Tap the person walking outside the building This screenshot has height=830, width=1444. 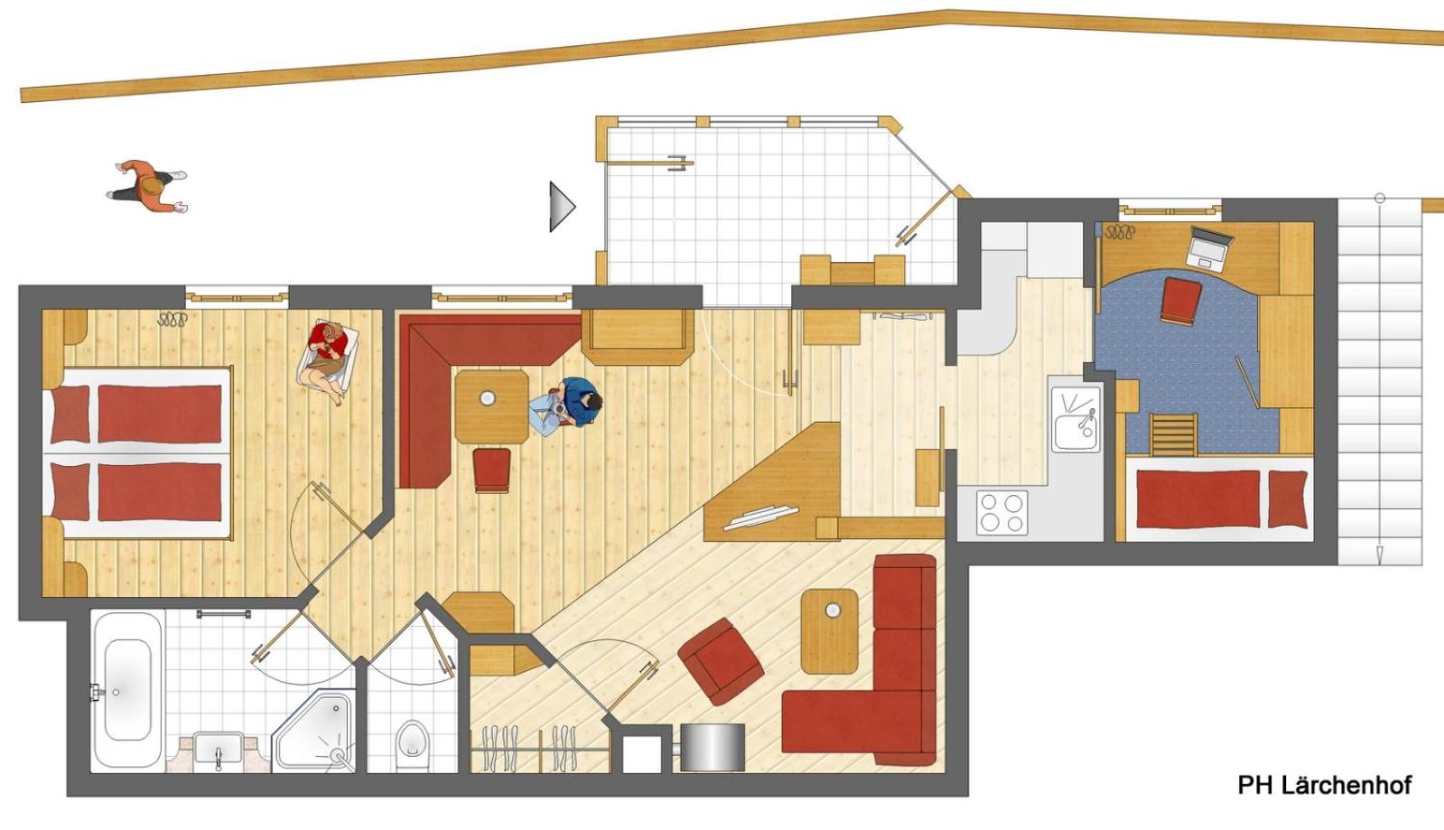coord(149,187)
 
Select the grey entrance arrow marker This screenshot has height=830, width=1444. coord(561,206)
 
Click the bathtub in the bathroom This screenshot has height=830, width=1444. coord(127,689)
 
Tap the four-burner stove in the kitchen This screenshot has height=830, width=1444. coord(1001,511)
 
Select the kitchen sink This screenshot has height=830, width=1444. coord(1076,420)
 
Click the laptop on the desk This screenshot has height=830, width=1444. coord(1209,246)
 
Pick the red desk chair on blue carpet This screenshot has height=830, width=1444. coord(1181,300)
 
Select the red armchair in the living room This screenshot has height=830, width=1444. coord(722,660)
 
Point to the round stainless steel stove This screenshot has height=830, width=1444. coord(713,746)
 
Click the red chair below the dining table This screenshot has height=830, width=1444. coord(491,470)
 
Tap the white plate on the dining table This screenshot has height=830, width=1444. coord(488,397)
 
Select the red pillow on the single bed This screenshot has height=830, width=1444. coord(1287,499)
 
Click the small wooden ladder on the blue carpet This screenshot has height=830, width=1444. coord(1173,434)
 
